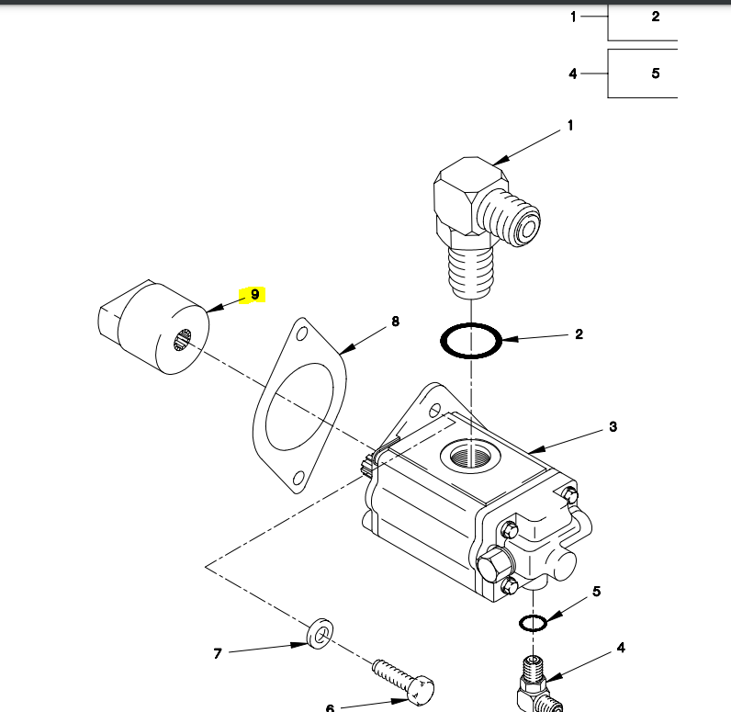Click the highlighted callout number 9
click(254, 295)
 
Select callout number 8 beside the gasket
click(395, 322)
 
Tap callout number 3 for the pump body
click(613, 426)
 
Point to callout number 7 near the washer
click(218, 653)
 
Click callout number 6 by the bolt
click(330, 707)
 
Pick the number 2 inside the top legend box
click(655, 17)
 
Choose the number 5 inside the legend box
click(655, 73)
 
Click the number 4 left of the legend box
click(573, 73)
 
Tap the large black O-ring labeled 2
click(471, 341)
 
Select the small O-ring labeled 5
click(533, 623)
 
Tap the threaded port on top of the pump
click(469, 454)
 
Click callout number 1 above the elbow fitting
click(569, 126)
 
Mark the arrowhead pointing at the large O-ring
click(506, 340)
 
